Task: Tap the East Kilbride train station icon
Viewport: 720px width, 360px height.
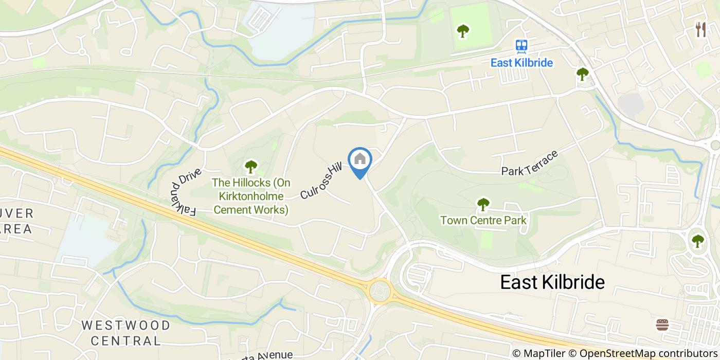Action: [x=521, y=47]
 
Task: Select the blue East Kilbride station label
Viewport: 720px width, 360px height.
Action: [x=521, y=63]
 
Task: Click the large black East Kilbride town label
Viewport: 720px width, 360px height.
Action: [x=552, y=282]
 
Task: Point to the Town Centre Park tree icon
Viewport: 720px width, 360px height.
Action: [x=483, y=204]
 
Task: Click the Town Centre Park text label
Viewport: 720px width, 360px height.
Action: [x=483, y=221]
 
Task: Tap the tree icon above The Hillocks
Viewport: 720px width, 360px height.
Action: [x=250, y=166]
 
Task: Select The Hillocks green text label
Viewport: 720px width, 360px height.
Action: [x=251, y=196]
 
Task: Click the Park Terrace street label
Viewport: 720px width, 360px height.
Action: [x=530, y=163]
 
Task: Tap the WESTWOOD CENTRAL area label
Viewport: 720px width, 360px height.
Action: [x=125, y=332]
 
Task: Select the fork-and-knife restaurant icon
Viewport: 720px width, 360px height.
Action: [x=700, y=29]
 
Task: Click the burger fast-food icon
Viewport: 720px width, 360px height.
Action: [x=662, y=325]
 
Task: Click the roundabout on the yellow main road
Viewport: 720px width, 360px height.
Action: [x=380, y=291]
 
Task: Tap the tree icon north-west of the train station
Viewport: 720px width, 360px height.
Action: [x=463, y=31]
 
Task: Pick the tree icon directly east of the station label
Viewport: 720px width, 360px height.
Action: [x=582, y=74]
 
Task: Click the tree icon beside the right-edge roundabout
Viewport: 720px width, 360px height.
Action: [x=697, y=241]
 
